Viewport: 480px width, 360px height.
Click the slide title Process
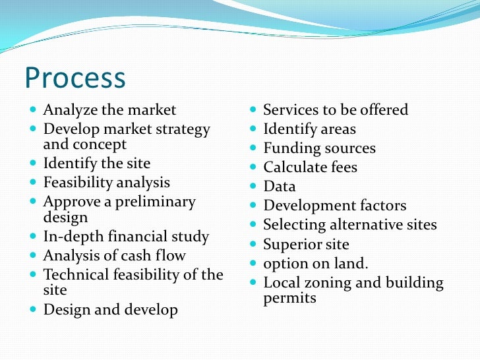tap(75, 78)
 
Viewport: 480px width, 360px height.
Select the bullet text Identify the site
tap(97, 163)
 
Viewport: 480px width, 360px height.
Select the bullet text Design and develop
tap(110, 309)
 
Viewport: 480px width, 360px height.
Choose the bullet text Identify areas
tap(309, 129)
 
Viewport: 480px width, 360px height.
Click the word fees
tap(340, 167)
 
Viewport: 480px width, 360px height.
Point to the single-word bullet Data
tap(280, 187)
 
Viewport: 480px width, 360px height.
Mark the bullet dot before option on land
tap(254, 264)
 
